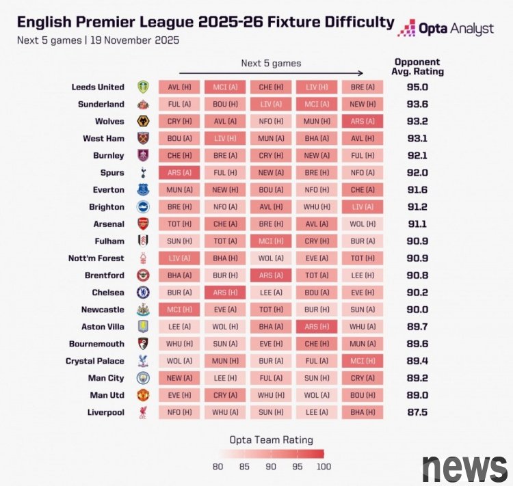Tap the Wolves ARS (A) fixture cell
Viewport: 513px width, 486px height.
coord(362,122)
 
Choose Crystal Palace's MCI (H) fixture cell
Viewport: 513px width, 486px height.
coord(362,361)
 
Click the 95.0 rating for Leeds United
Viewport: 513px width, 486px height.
coord(417,87)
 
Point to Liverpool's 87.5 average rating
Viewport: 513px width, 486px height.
coord(417,412)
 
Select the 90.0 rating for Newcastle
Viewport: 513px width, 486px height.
coord(417,310)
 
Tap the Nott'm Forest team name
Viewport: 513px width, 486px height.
coord(96,258)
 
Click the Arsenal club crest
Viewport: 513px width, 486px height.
coord(143,224)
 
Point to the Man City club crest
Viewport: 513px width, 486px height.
coord(143,378)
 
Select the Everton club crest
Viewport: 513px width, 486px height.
coord(143,190)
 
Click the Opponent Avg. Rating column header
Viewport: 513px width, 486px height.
coord(417,66)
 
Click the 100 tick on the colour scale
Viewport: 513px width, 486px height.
coord(324,467)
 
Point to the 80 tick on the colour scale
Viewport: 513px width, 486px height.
coord(218,467)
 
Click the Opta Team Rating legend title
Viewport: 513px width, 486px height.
coord(271,440)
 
